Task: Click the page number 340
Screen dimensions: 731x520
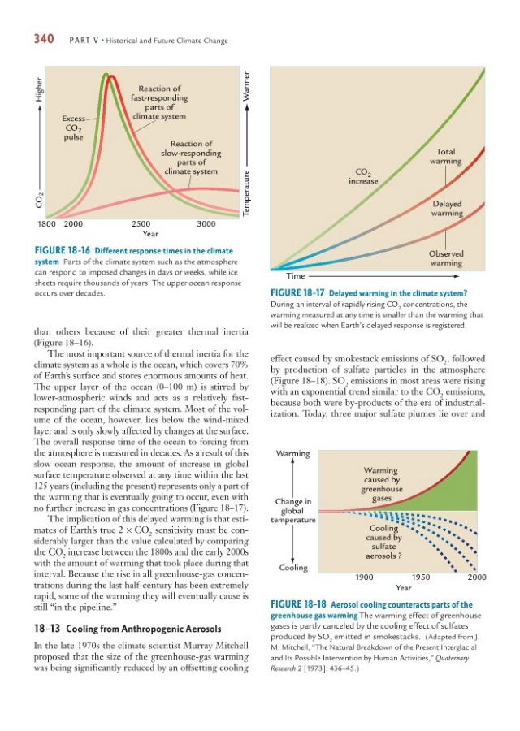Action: [42, 40]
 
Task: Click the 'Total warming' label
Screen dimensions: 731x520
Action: [448, 156]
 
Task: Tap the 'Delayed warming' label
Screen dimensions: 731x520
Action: [448, 209]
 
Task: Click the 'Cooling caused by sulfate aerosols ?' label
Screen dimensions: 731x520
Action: [380, 543]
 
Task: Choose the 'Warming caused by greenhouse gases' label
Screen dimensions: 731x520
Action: [381, 484]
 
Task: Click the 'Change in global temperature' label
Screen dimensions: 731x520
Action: [293, 510]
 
